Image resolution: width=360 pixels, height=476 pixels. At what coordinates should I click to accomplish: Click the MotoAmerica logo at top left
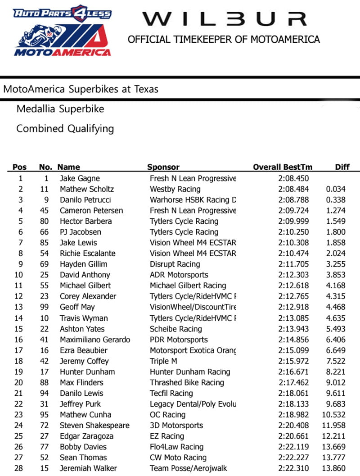coord(62,31)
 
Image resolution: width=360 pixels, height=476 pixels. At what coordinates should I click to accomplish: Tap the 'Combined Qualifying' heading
coord(65,129)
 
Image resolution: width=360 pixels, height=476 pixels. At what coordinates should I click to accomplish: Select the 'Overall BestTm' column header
coord(283,167)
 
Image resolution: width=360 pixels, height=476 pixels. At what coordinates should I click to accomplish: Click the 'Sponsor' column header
coord(163,167)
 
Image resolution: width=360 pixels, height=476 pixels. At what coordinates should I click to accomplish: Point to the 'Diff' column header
coord(342,167)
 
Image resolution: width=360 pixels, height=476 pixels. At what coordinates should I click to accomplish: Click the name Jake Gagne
coord(80,178)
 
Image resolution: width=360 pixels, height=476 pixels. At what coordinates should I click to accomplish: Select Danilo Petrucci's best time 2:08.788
coord(293,200)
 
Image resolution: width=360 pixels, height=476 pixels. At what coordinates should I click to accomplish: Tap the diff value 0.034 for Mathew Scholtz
coord(336,189)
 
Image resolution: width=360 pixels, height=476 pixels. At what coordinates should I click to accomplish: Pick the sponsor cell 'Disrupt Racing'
coord(175,264)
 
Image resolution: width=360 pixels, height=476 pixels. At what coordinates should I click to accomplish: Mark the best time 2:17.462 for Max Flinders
coord(293,383)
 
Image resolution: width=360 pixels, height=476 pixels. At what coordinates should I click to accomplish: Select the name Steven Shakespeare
coord(94,426)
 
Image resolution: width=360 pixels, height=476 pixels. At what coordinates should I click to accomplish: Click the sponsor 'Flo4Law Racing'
coord(176,447)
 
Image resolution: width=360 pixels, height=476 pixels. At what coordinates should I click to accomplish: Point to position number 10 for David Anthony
coord(18,275)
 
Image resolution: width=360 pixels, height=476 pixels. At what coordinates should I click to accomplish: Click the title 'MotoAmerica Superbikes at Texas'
coord(81,89)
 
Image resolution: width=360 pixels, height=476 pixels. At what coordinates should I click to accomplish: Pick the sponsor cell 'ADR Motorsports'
coord(179,275)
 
